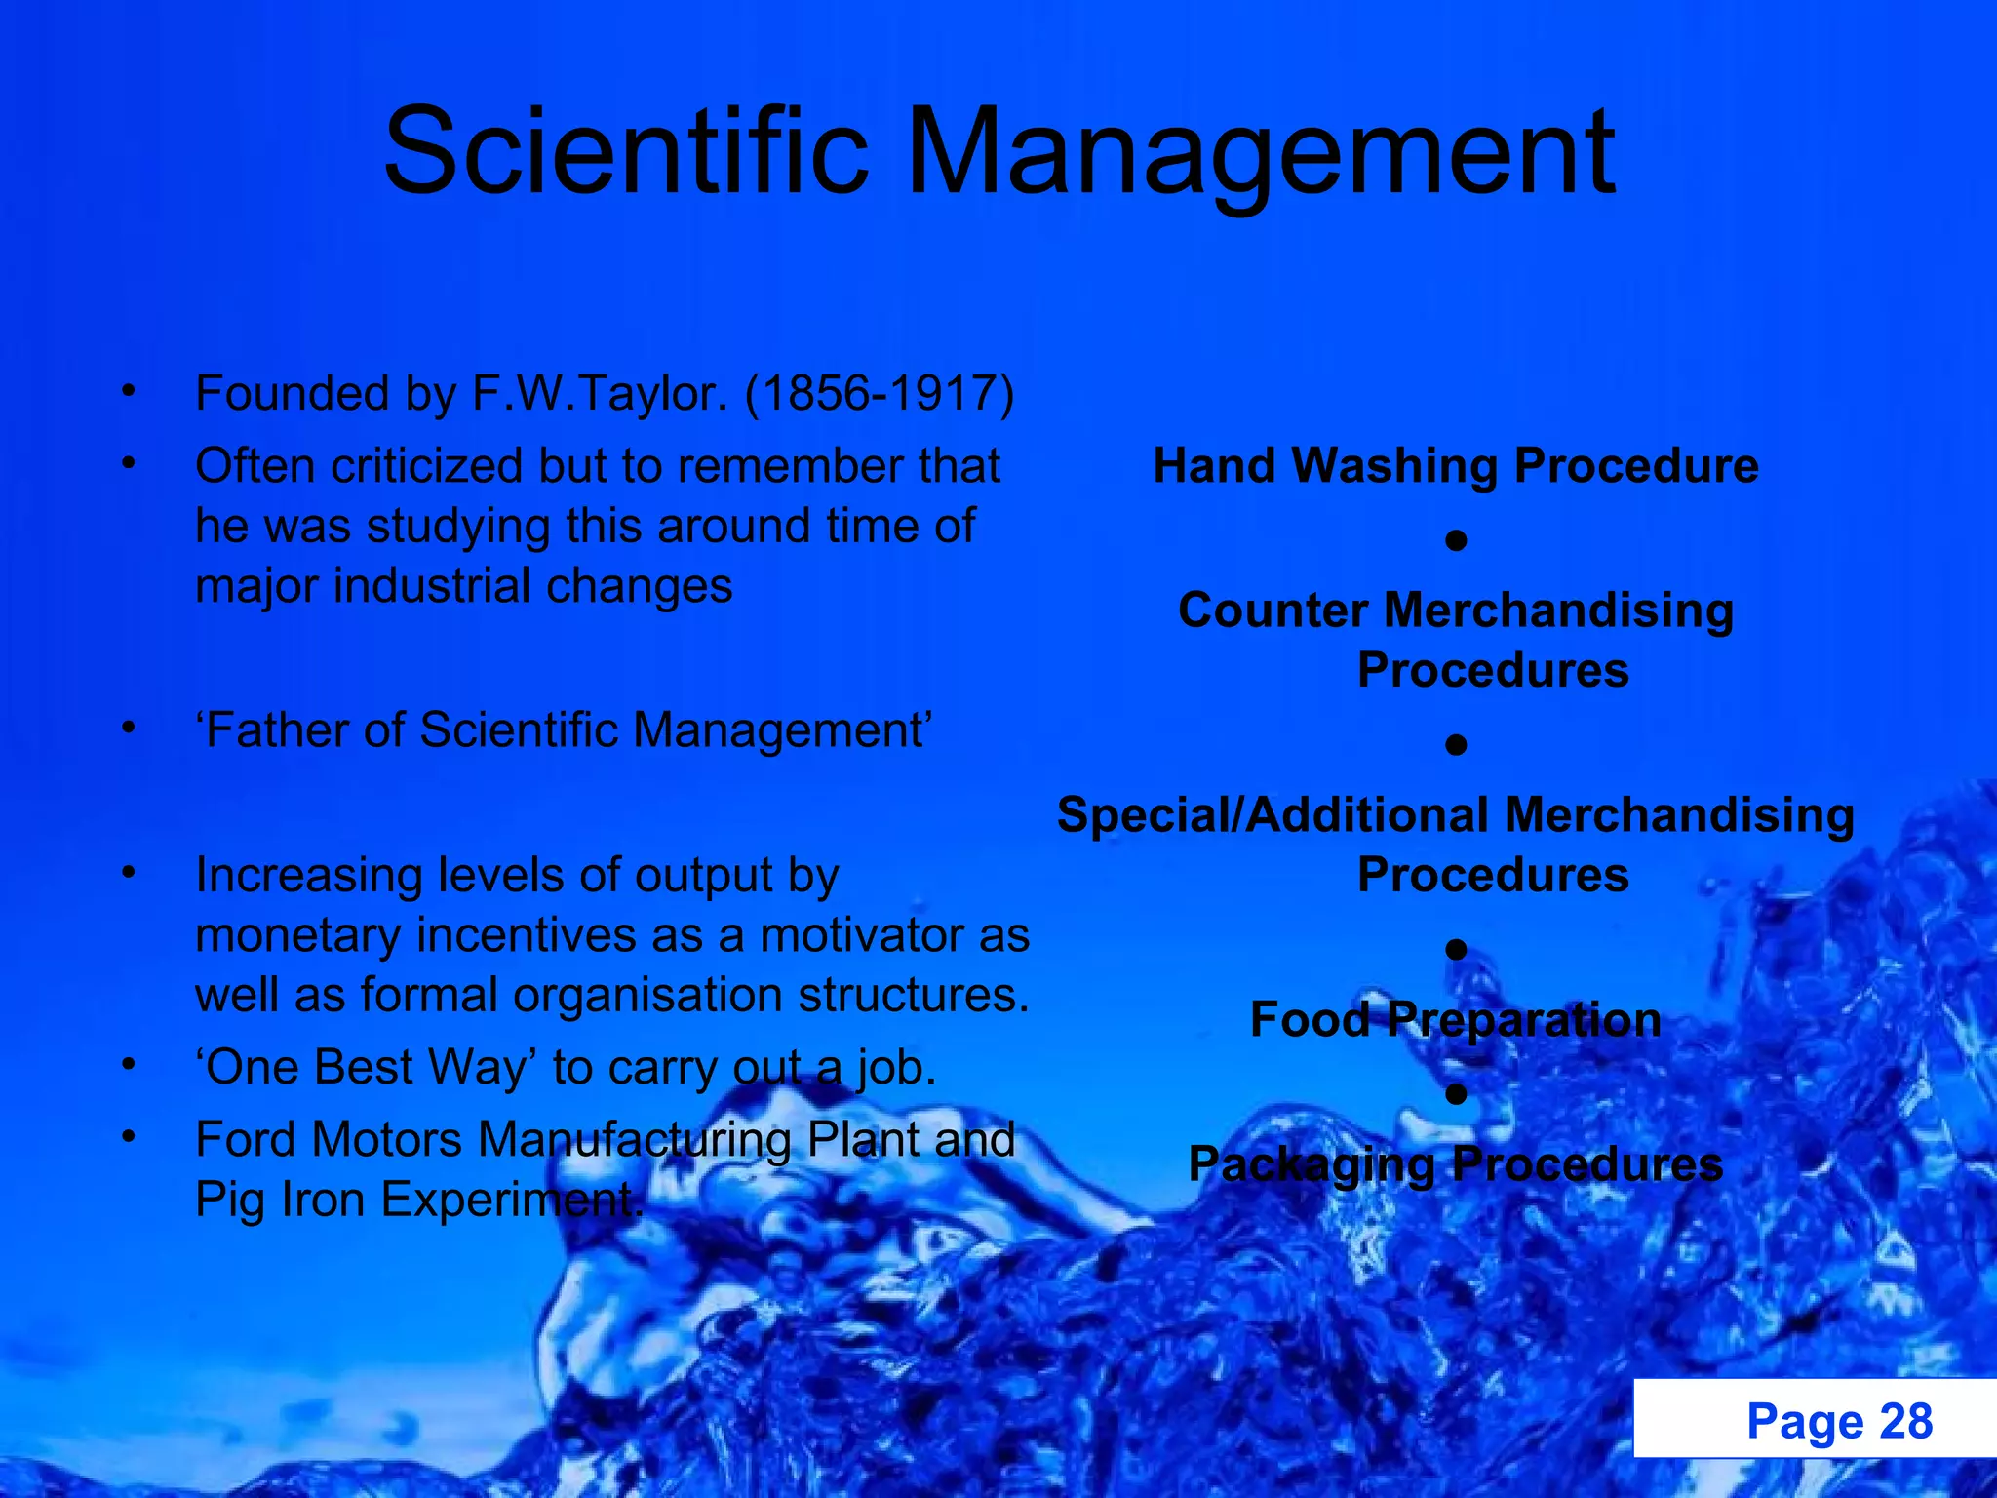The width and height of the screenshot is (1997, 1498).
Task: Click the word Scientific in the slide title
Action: click(x=625, y=153)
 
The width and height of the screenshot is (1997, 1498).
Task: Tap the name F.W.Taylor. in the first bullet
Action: click(x=600, y=394)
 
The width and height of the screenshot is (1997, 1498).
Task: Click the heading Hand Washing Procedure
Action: click(x=1455, y=466)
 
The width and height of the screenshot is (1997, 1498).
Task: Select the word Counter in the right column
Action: click(x=1273, y=611)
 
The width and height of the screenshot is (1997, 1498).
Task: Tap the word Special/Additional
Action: click(x=1273, y=815)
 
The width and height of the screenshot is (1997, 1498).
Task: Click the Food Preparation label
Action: click(x=1455, y=1020)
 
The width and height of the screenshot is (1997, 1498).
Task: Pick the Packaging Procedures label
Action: click(x=1455, y=1164)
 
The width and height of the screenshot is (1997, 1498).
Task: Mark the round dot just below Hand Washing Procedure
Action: click(x=1456, y=540)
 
